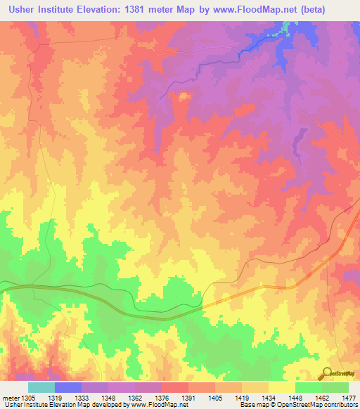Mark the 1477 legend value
349,398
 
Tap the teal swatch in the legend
41,387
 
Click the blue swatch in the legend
67,387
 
